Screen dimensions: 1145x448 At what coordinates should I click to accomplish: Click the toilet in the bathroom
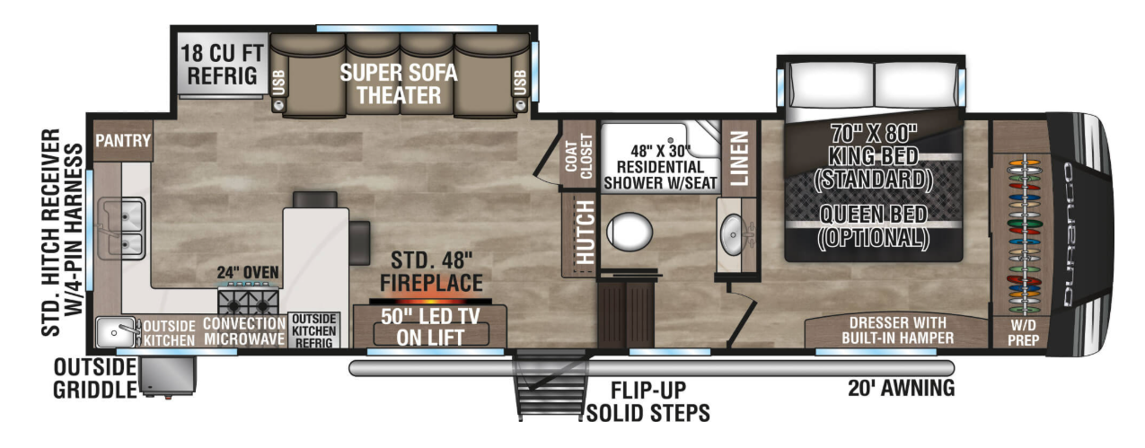pyautogui.click(x=630, y=232)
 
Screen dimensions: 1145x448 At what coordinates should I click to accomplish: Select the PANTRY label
pyautogui.click(x=123, y=140)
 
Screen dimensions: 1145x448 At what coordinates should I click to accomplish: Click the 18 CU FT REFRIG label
pyautogui.click(x=222, y=65)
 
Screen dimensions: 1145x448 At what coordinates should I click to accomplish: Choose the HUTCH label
pyautogui.click(x=585, y=233)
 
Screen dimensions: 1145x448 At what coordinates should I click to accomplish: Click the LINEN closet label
pyautogui.click(x=740, y=158)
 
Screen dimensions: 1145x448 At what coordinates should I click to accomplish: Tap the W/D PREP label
pyautogui.click(x=1024, y=332)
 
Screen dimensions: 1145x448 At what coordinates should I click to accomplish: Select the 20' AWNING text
pyautogui.click(x=901, y=388)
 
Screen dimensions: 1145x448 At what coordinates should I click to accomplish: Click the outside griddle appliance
pyautogui.click(x=168, y=375)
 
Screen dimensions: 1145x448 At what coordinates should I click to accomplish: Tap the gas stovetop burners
pyautogui.click(x=249, y=300)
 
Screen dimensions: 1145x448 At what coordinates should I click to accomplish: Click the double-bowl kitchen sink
pyautogui.click(x=122, y=229)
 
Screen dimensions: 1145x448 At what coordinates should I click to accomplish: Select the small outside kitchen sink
pyautogui.click(x=116, y=332)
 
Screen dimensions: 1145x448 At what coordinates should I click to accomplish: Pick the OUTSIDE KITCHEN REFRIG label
pyautogui.click(x=313, y=331)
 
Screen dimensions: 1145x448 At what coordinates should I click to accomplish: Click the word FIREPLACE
pyautogui.click(x=431, y=283)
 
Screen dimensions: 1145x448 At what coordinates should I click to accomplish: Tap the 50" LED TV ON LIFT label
pyautogui.click(x=430, y=327)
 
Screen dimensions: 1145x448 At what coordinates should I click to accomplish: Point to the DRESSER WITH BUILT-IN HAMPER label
pyautogui.click(x=898, y=330)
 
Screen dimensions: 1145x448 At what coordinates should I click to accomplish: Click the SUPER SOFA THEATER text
pyautogui.click(x=399, y=83)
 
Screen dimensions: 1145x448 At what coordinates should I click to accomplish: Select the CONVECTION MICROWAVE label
pyautogui.click(x=244, y=331)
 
